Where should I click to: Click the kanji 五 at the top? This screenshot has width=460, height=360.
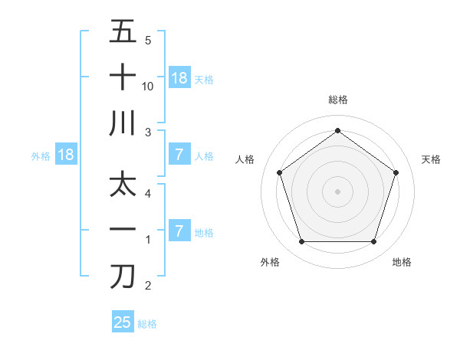tap(123, 33)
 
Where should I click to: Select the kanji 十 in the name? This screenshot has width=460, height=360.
tap(123, 78)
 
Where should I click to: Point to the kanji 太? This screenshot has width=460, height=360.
tap(123, 186)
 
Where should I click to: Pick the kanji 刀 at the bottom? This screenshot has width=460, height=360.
tap(123, 277)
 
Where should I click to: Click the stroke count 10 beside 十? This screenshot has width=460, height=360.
tap(148, 86)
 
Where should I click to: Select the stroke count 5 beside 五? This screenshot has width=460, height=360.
tap(148, 41)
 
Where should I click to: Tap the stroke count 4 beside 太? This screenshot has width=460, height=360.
tap(148, 194)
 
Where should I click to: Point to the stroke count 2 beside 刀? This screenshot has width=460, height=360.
tap(148, 286)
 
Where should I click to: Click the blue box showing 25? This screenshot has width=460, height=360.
tap(123, 322)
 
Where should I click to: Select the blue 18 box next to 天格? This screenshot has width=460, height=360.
tap(179, 78)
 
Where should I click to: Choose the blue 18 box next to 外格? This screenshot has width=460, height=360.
tap(66, 155)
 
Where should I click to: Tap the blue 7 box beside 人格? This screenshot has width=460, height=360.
tap(179, 155)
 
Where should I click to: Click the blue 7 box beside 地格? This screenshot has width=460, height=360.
tap(179, 231)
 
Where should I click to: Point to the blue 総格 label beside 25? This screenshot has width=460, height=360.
tap(147, 323)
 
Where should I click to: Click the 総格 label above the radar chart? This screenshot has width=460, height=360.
tap(337, 100)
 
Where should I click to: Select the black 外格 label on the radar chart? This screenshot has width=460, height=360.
tap(270, 262)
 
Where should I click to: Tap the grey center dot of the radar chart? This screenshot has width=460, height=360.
tap(337, 191)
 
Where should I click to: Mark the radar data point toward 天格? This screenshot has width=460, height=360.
tap(396, 172)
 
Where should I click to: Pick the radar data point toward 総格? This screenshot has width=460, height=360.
tap(337, 130)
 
